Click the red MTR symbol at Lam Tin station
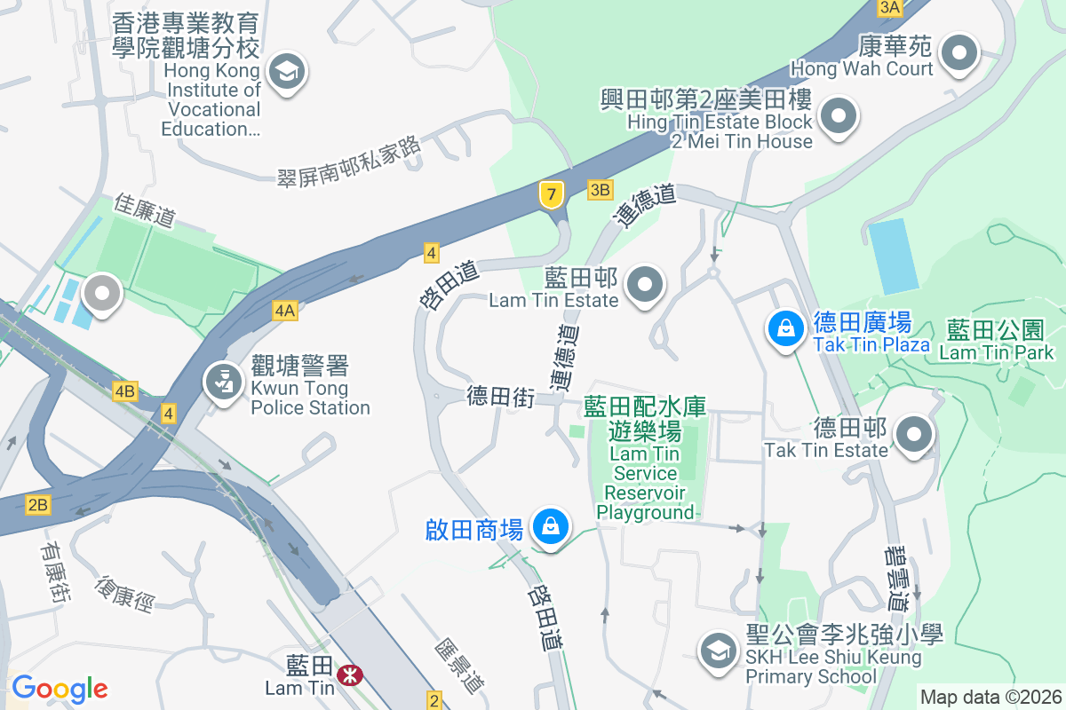pos(351,675)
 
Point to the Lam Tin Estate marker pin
pos(646,285)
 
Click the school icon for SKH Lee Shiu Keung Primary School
pos(716,651)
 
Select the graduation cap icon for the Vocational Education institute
pos(286,71)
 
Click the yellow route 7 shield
pos(552,194)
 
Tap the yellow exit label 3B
pos(601,189)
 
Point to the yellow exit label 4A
pos(284,310)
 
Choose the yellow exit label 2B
pos(37,505)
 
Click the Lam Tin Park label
pos(995,341)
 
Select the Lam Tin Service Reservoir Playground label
pos(645,458)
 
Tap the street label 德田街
pos(500,397)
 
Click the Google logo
pos(60,689)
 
